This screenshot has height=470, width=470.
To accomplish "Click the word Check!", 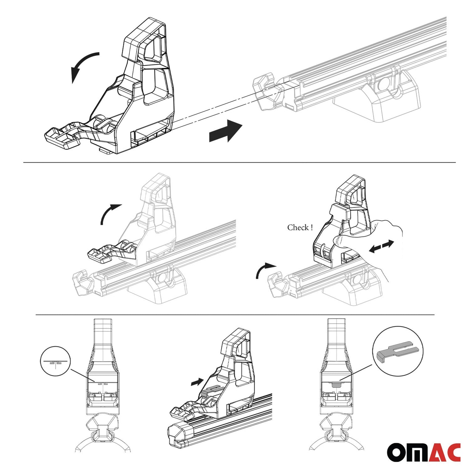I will tap(300, 227).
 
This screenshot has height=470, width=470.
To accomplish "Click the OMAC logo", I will tap(423, 452).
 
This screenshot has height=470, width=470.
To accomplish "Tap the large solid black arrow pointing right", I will tap(225, 131).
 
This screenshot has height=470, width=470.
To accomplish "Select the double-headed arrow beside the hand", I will tap(382, 247).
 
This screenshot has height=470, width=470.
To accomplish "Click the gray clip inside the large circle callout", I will tap(397, 352).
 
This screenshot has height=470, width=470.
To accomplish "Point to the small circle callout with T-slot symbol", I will tap(55, 361).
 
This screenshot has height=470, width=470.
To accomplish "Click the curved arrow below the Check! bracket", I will tap(264, 270).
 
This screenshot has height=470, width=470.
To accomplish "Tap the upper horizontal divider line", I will tap(239, 162).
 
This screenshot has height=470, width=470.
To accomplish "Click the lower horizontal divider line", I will tap(234, 315).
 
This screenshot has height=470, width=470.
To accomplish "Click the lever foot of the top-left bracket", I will tap(62, 136).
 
